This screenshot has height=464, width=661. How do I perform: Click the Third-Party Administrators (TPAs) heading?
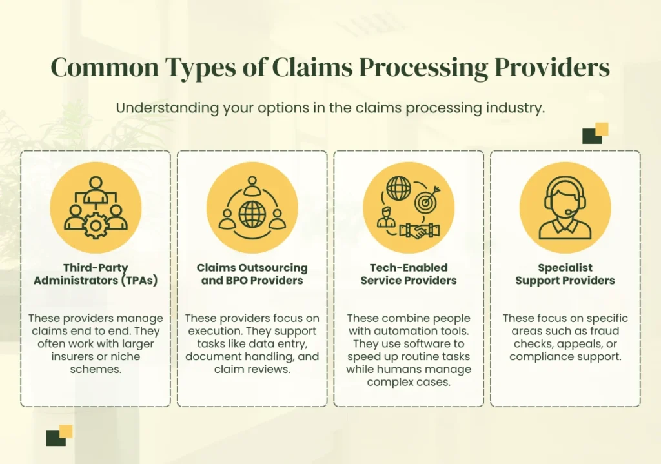coord(96,274)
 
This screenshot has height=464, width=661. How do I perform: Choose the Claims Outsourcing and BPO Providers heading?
coord(252,274)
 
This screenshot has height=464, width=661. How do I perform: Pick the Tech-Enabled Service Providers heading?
coord(409,274)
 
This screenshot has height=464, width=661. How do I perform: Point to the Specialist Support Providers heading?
coord(565,274)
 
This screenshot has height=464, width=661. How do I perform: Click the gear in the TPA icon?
coord(96,225)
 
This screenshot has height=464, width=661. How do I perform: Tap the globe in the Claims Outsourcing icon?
coord(252,214)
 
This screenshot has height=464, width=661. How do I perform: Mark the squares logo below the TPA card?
coord(59,436)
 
